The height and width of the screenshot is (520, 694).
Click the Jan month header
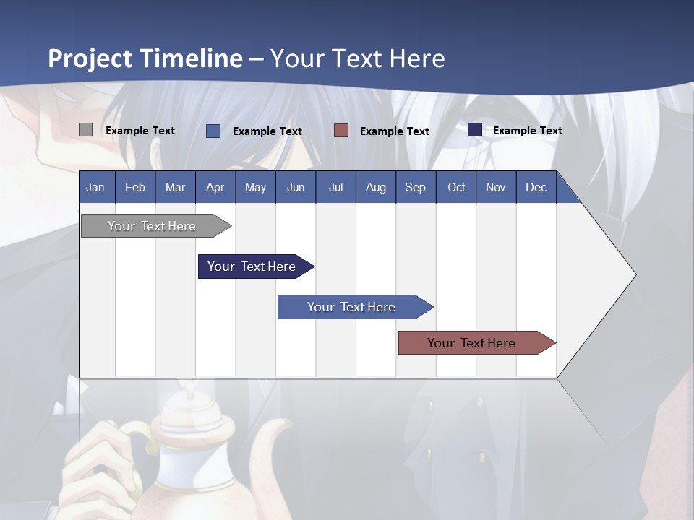coord(95,187)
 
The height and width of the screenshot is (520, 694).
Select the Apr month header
coord(215,187)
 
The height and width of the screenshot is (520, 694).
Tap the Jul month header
coord(335,187)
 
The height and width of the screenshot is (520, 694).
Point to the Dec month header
coord(536,187)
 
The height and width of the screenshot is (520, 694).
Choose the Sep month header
coord(415,187)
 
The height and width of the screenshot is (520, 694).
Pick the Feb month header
coord(135,187)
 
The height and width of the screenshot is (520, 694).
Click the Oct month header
coord(456,187)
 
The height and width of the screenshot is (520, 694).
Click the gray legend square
coord(85,130)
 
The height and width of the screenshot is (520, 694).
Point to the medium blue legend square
coord(213,131)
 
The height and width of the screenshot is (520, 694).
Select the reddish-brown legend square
coord(341,130)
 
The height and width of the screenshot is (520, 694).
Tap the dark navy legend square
coord(475,130)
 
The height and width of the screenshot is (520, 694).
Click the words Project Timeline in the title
coord(145,58)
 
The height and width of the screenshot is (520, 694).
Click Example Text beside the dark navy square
coord(527,131)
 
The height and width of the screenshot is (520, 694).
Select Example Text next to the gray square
coord(140,131)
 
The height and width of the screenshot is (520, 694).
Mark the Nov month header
coord(496,187)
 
